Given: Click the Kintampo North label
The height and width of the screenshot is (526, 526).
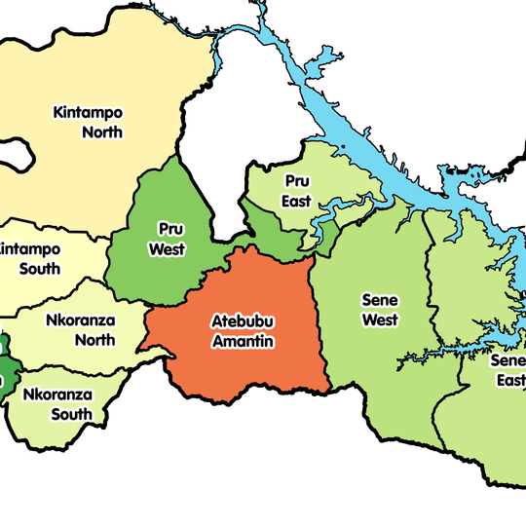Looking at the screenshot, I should pyautogui.click(x=90, y=121).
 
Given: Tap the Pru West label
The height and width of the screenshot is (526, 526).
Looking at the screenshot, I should pyautogui.click(x=167, y=240).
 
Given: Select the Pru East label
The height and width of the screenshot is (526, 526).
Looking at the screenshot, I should pyautogui.click(x=297, y=191).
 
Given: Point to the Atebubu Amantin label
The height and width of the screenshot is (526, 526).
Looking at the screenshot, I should pyautogui.click(x=244, y=330).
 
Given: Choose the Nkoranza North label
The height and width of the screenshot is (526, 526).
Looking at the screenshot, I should pyautogui.click(x=80, y=328).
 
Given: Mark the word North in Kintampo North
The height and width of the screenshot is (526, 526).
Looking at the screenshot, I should pyautogui.click(x=102, y=131).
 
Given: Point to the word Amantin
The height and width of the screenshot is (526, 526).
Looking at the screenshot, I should pyautogui.click(x=244, y=341).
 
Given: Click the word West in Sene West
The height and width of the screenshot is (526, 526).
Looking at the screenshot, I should pyautogui.click(x=380, y=319).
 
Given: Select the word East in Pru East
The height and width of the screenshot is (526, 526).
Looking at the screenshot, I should pyautogui.click(x=297, y=202).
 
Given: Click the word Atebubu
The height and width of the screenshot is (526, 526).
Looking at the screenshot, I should pyautogui.click(x=244, y=320).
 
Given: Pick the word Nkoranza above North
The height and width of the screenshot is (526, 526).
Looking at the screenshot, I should pyautogui.click(x=80, y=319).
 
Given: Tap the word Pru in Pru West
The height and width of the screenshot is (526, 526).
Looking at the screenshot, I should pyautogui.click(x=167, y=230).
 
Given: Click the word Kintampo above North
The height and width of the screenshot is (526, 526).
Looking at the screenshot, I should pyautogui.click(x=90, y=111).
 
